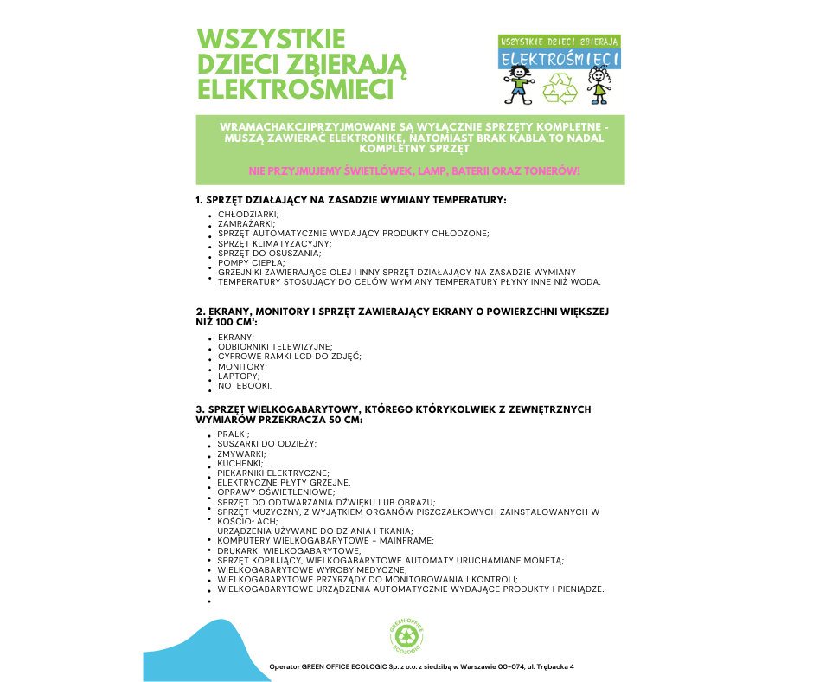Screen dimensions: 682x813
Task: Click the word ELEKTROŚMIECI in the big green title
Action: pos(295,89)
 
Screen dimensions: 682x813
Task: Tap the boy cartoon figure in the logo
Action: pos(518,83)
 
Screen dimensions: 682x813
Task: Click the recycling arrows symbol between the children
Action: pos(559,87)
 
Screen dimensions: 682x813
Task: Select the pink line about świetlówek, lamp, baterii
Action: pos(413,171)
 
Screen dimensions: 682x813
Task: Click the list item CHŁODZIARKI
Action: pos(247,213)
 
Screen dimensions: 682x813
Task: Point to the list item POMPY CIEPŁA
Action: pos(251,262)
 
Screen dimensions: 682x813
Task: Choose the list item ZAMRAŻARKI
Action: pos(246,223)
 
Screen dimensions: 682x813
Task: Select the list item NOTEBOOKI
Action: pos(245,386)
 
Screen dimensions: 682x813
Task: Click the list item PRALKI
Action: pos(234,434)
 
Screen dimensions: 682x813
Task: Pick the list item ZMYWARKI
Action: pos(241,454)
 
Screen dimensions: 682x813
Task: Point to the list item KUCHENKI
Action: pos(241,463)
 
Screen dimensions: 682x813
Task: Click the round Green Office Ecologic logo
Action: pos(406,638)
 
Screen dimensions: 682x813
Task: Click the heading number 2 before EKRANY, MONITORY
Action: pos(199,311)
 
